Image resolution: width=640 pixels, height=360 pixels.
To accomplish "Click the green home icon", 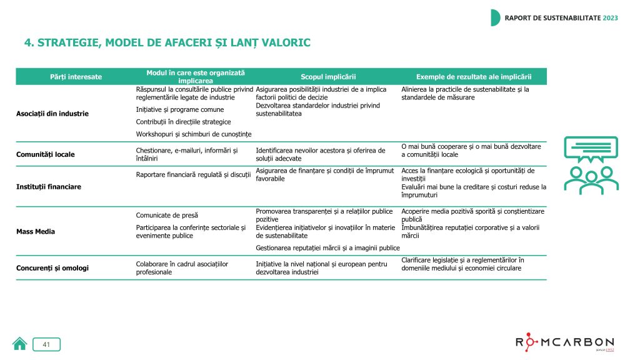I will [x=20, y=344].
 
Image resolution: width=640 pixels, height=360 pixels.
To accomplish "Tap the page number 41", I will [x=46, y=344].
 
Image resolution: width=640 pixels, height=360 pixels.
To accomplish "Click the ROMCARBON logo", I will [x=565, y=342].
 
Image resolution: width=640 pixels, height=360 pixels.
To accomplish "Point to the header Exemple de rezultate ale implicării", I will [x=474, y=76].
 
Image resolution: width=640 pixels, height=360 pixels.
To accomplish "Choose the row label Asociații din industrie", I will [x=52, y=114].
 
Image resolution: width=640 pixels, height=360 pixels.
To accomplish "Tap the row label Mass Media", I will [x=36, y=231].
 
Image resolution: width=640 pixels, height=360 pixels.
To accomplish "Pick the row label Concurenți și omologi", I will [x=52, y=267].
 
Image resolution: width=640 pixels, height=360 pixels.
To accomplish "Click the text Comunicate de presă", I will [x=167, y=216].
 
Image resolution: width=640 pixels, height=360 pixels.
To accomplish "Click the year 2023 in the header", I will [x=610, y=18].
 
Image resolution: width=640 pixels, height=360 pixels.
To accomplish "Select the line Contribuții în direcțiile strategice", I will [x=183, y=122].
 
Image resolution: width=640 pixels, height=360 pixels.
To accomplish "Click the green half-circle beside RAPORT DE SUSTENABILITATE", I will [x=495, y=17].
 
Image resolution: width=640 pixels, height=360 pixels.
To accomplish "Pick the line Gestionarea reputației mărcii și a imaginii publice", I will [x=327, y=247].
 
